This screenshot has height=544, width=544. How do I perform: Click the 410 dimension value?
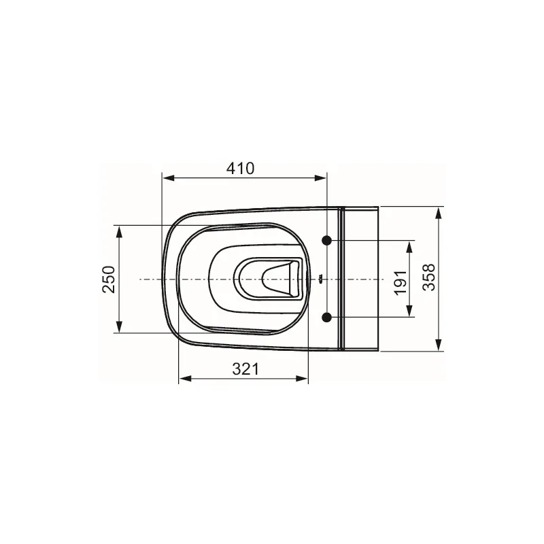(x=241, y=169)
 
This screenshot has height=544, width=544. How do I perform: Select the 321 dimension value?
(x=245, y=369)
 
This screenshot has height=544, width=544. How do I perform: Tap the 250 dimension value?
(x=109, y=279)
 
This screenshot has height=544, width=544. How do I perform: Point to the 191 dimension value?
(x=401, y=282)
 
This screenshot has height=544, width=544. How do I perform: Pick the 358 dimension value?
(x=429, y=277)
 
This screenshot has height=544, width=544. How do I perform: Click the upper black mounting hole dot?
(x=327, y=240)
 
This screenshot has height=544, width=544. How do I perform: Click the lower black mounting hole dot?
(x=327, y=317)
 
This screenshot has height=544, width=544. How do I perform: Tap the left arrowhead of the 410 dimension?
(x=168, y=178)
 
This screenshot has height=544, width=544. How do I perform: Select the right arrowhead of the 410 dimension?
(x=320, y=178)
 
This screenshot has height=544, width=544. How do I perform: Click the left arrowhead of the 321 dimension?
(x=184, y=379)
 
